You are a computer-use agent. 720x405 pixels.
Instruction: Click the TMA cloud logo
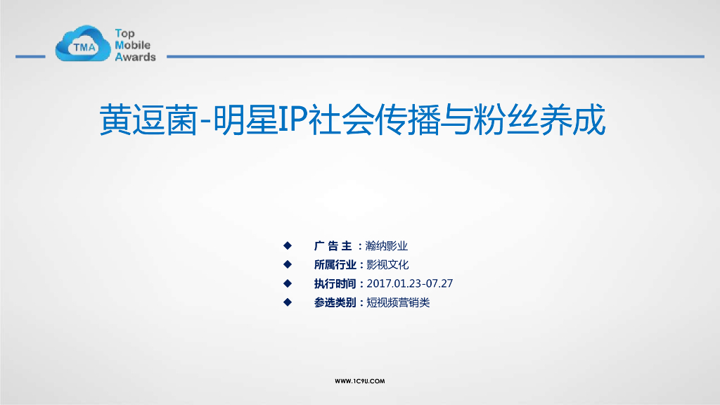point(84,44)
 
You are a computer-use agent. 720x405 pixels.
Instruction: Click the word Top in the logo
point(124,33)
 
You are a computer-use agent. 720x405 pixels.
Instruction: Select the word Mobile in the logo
point(132,45)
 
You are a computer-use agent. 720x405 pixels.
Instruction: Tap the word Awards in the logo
point(135,57)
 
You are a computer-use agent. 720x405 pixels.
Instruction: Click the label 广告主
point(333,246)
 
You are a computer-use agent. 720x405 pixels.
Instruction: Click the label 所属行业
point(335,265)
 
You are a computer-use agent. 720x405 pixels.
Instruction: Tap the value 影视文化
point(387,265)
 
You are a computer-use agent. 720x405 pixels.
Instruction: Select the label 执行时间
point(335,284)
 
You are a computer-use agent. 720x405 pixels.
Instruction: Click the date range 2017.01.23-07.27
point(410,284)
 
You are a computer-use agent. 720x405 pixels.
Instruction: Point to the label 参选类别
point(335,303)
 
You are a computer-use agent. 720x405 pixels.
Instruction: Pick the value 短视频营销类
point(398,303)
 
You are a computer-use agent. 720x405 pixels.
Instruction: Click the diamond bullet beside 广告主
point(287,245)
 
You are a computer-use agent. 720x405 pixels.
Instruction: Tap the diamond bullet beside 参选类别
point(287,302)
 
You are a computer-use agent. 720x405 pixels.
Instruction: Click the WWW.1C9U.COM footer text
point(360,381)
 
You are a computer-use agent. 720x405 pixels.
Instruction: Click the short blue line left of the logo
point(30,56)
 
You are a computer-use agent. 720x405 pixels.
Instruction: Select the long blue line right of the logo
point(435,56)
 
